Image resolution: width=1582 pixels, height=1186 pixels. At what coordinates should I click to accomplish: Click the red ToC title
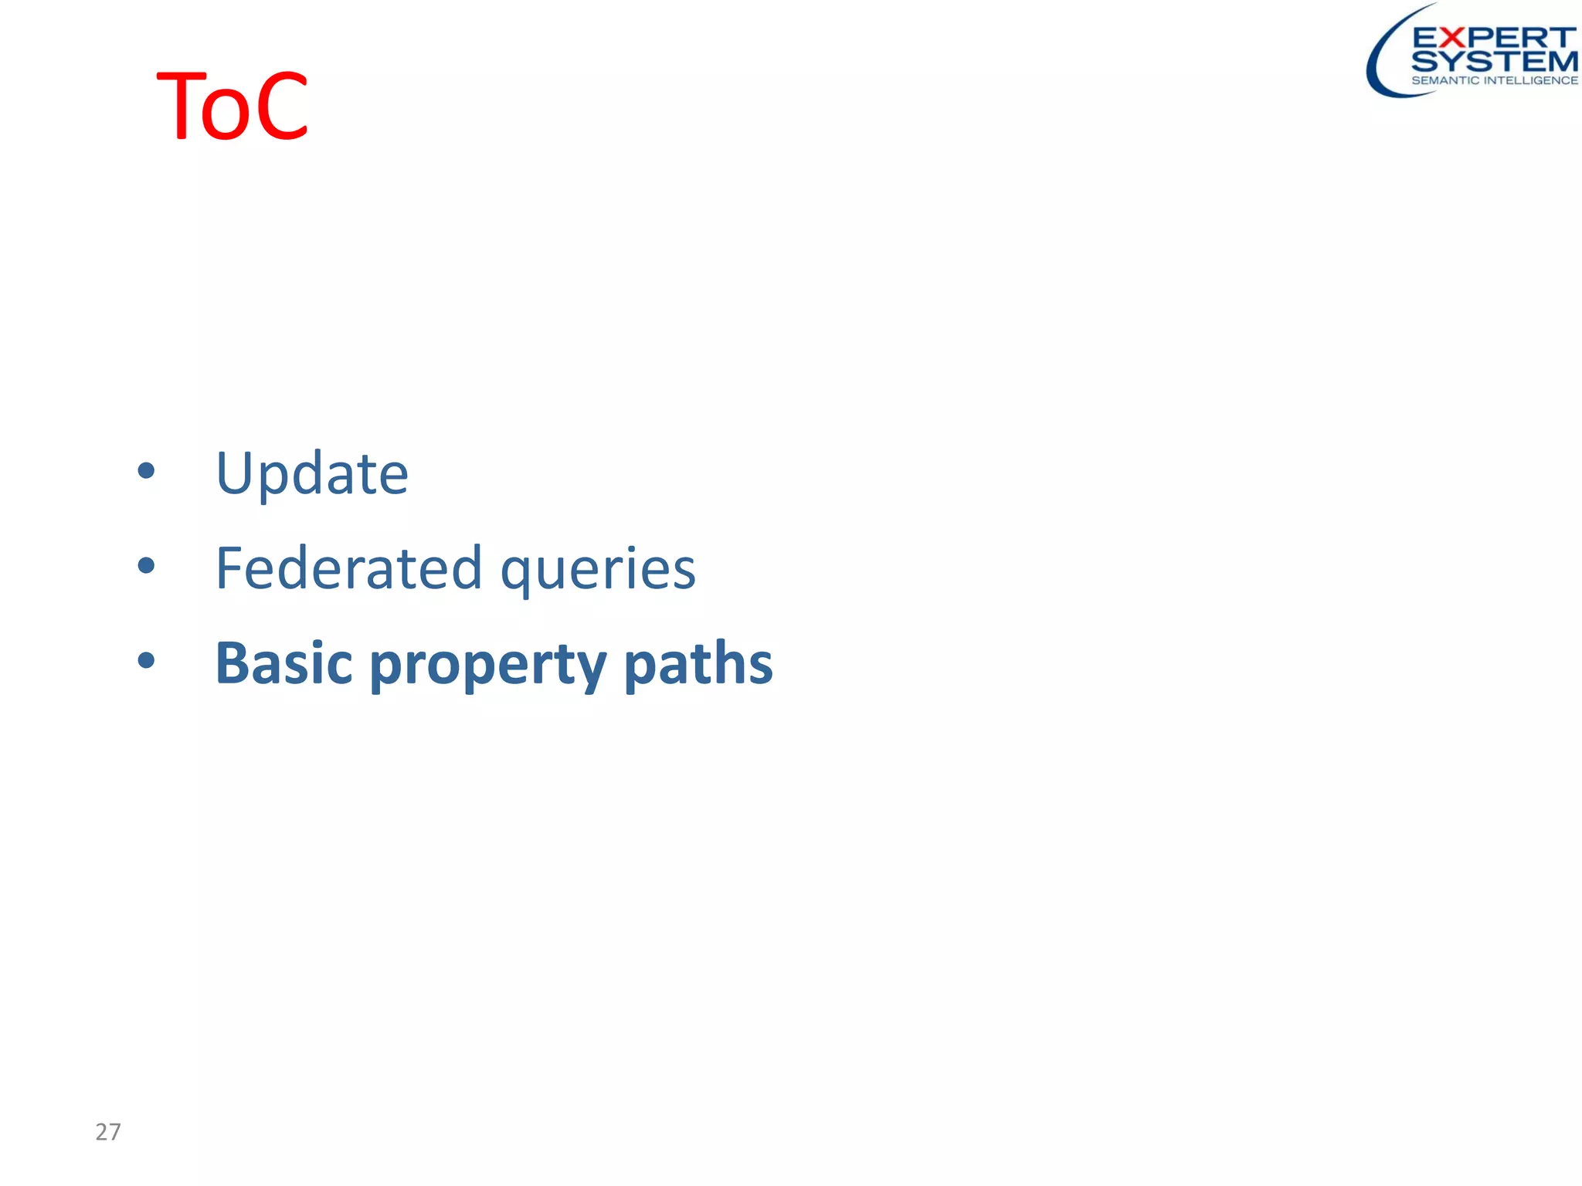pos(232,106)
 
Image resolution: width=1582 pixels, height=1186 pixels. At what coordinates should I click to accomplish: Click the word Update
pos(311,473)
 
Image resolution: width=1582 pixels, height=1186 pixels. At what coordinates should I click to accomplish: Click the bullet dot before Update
pos(146,470)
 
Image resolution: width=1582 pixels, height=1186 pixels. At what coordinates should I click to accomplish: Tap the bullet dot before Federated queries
pos(146,566)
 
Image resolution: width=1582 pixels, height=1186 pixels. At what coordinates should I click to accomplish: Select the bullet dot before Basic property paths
pos(146,660)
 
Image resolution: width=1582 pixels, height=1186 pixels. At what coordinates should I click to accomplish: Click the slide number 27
pos(108,1132)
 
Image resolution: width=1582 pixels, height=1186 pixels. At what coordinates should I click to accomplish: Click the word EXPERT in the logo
pos(1493,37)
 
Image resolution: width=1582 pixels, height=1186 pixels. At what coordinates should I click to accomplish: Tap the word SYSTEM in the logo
pos(1494,61)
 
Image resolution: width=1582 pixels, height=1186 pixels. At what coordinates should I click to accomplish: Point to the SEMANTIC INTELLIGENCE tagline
pos(1494,80)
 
